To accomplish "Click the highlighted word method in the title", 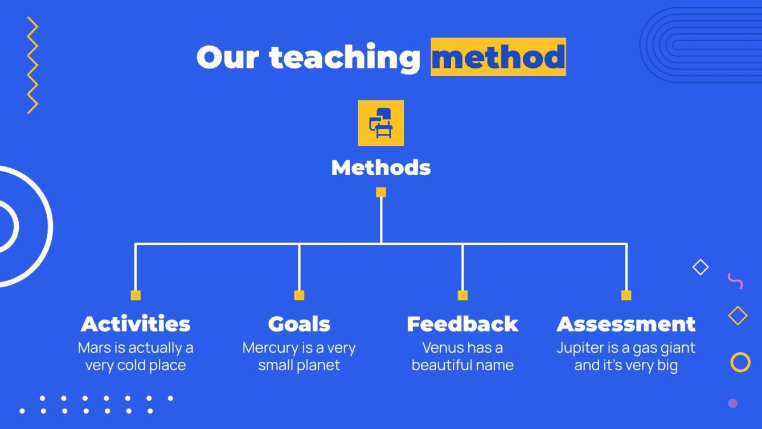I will pyautogui.click(x=498, y=57).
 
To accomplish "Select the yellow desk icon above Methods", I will pyautogui.click(x=380, y=123).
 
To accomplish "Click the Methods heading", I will pyautogui.click(x=380, y=167).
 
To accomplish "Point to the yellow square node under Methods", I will pyautogui.click(x=381, y=193).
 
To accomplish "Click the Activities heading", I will pyautogui.click(x=136, y=324).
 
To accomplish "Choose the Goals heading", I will pyautogui.click(x=299, y=324).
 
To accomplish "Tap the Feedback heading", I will pyautogui.click(x=462, y=324).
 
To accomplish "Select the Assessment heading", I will pyautogui.click(x=626, y=324).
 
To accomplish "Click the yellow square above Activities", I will pyautogui.click(x=136, y=295).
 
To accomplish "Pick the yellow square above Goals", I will pyautogui.click(x=299, y=295).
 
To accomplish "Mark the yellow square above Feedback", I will pyautogui.click(x=462, y=295).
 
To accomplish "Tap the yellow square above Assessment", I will pyautogui.click(x=626, y=295).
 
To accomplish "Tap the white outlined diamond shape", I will pyautogui.click(x=700, y=267).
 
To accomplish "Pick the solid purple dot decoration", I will pyautogui.click(x=733, y=403).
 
